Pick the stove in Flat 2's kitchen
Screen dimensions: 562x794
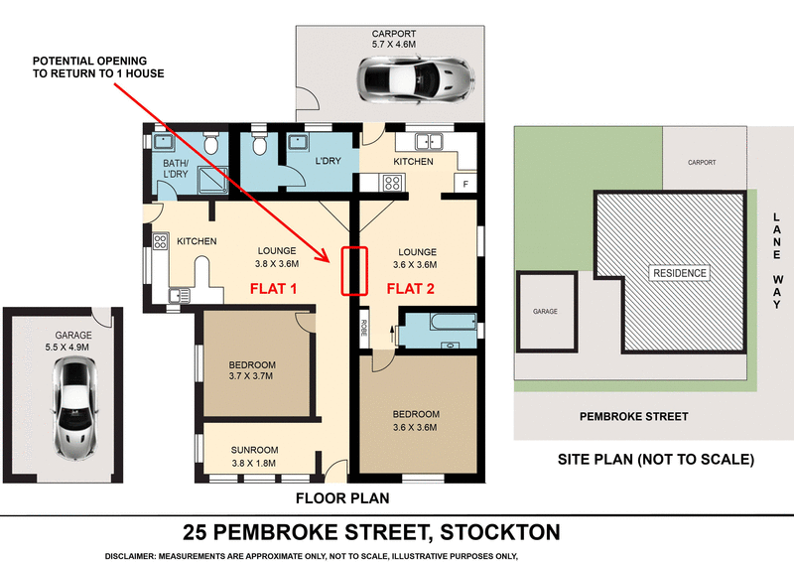(390, 183)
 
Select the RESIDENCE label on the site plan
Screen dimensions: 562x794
(679, 273)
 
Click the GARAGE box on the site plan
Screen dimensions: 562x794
(546, 311)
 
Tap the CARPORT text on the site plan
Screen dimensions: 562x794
(702, 162)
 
